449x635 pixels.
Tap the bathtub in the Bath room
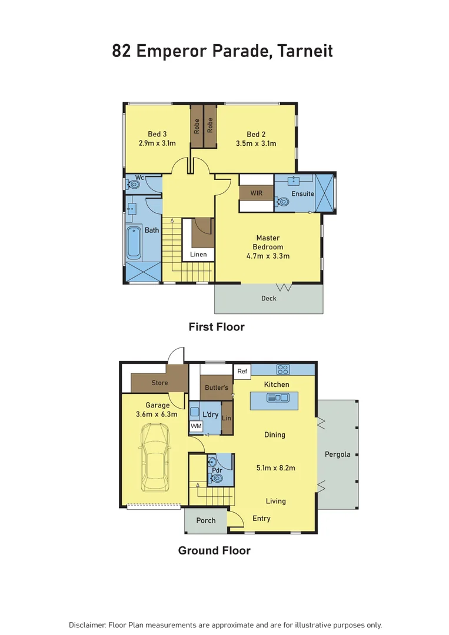coord(134,243)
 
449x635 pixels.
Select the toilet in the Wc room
coord(134,185)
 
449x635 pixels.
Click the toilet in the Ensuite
coord(284,202)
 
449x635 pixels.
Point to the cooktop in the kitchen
coord(283,369)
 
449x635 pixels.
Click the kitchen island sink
coord(277,398)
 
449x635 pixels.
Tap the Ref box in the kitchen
coord(242,372)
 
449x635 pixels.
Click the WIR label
coord(256,193)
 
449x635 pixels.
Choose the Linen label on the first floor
coord(198,255)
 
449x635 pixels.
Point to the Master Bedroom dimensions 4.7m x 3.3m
coord(268,256)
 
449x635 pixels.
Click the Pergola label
coord(337,454)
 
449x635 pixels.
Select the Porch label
coord(206,520)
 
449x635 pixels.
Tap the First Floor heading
coord(216,327)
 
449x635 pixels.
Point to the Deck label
coord(268,299)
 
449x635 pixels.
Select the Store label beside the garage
coord(159,383)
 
